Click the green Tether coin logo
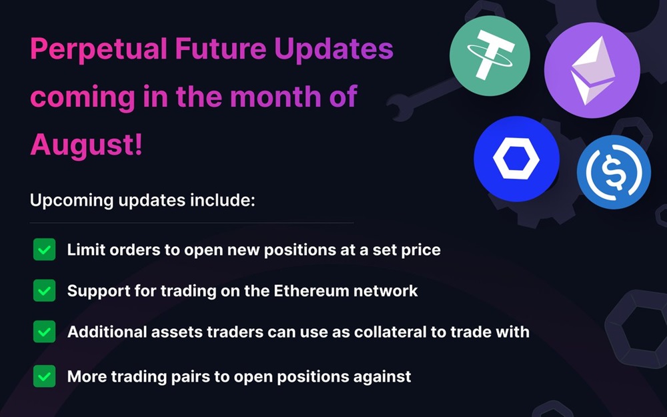click(490, 56)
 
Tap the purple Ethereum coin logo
click(592, 70)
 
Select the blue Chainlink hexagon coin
click(516, 159)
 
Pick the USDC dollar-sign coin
click(614, 172)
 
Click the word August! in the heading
click(86, 144)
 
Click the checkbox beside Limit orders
click(44, 250)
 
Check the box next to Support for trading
click(44, 291)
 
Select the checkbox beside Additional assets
click(44, 332)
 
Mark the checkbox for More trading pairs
click(44, 376)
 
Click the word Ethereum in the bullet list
click(311, 291)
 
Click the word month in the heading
click(275, 97)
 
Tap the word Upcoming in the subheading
click(71, 201)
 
